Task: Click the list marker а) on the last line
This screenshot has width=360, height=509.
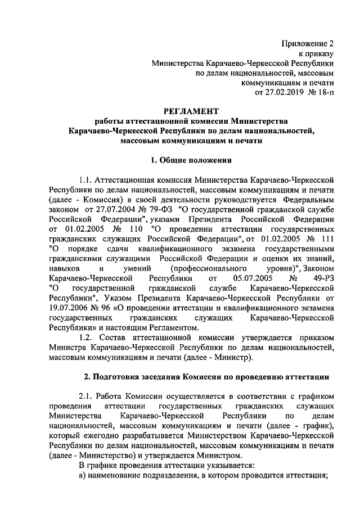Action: [x=82, y=475]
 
